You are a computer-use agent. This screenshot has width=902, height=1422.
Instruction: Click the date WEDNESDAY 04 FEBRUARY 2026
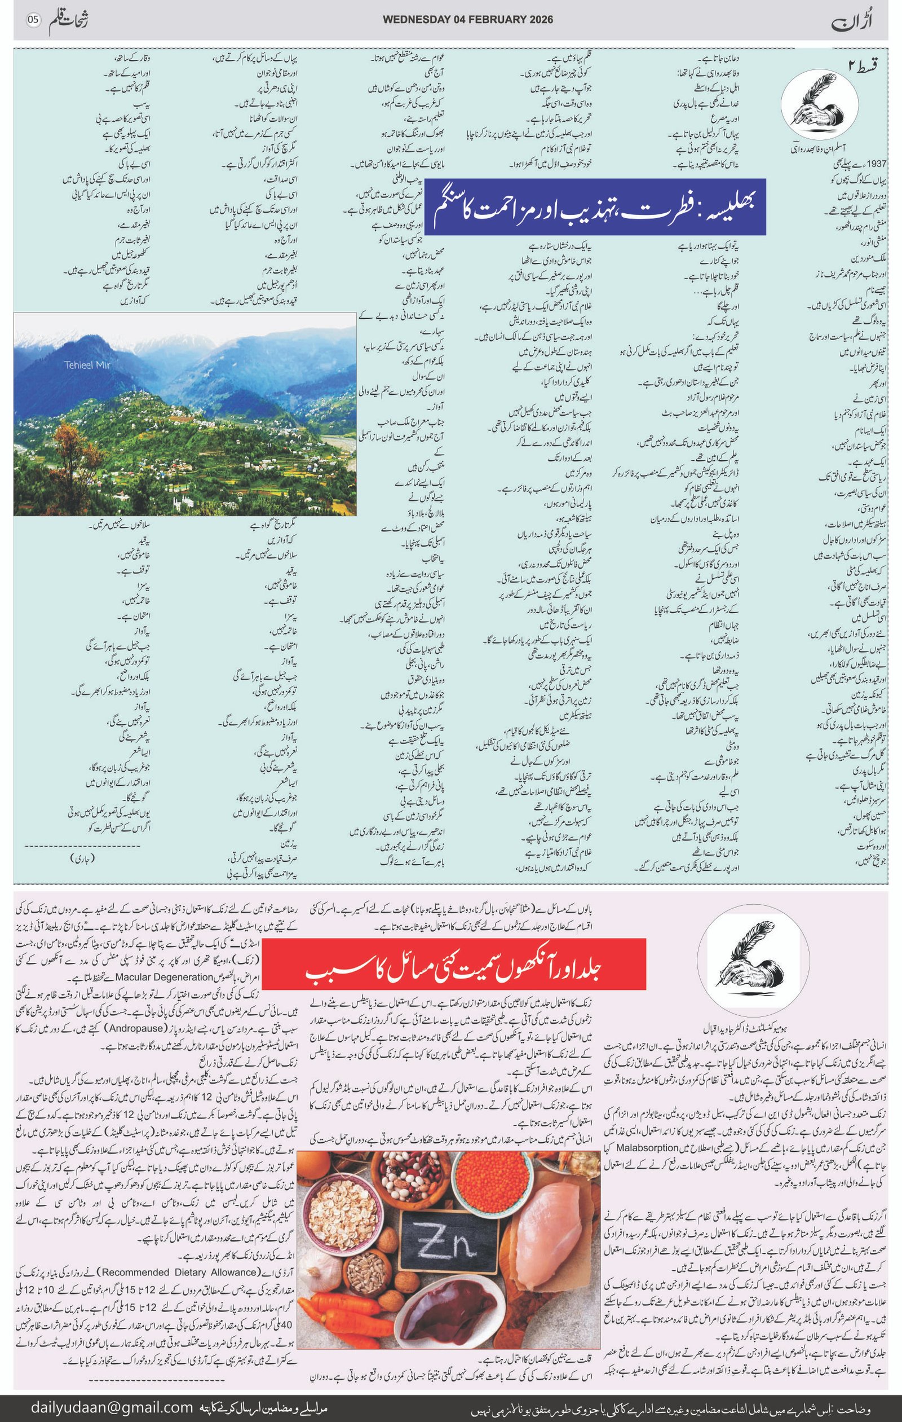coord(467,20)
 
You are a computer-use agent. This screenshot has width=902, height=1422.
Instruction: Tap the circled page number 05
coord(33,20)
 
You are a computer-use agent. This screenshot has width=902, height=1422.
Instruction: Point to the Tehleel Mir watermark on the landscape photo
coord(88,364)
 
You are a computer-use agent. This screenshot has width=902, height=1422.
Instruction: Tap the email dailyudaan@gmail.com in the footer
coord(112,1407)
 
